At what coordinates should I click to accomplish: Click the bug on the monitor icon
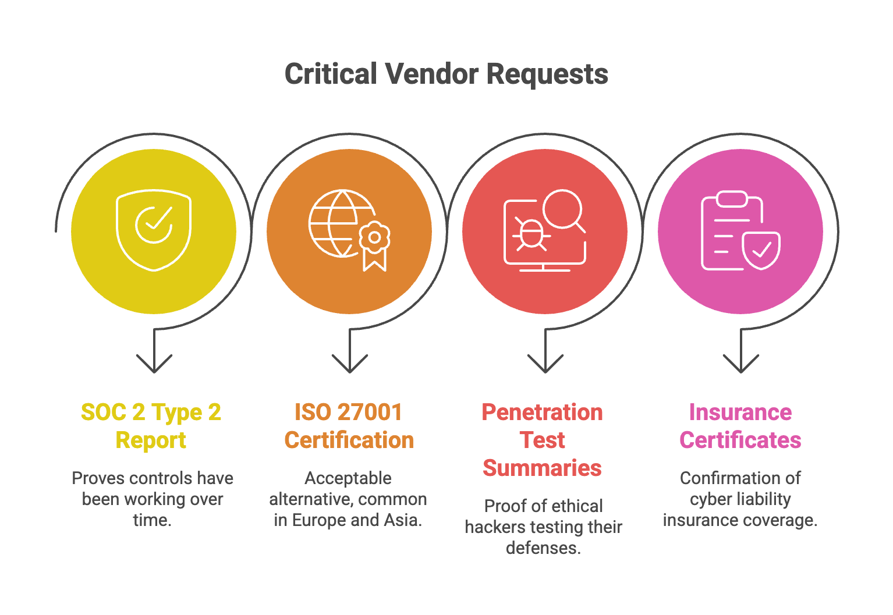[x=530, y=234]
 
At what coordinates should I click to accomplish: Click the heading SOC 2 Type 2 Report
[x=151, y=426]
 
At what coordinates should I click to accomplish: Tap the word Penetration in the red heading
[x=542, y=413]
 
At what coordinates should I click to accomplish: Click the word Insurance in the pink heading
[x=740, y=413]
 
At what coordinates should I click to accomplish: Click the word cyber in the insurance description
[x=708, y=499]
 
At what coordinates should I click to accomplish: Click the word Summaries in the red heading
[x=542, y=468]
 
